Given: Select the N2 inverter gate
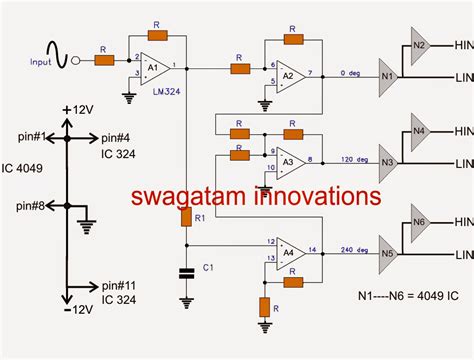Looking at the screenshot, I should pos(420,46).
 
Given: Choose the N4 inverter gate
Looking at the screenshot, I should pos(420,131).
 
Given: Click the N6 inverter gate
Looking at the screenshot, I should pos(420,223).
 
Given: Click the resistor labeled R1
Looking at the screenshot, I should pos(185,218).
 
